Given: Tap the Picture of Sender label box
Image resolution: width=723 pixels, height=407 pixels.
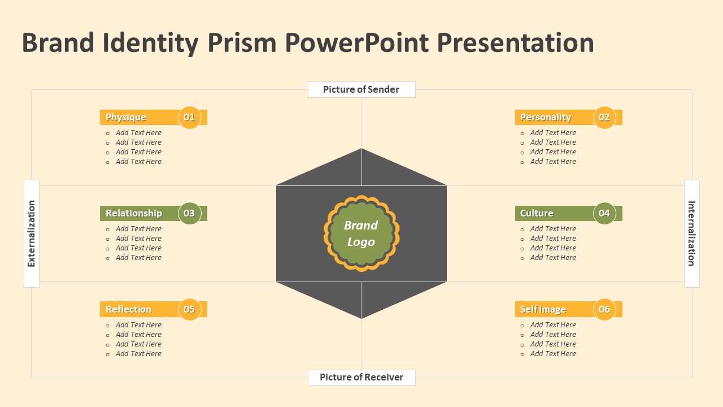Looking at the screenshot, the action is click(361, 89).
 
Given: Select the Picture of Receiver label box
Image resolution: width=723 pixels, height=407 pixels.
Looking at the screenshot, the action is click(361, 377).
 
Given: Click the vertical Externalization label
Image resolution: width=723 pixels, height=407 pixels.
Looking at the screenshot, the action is click(32, 233).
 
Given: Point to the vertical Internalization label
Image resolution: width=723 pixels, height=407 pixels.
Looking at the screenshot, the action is click(692, 233).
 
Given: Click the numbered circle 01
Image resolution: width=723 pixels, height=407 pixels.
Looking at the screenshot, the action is click(189, 117).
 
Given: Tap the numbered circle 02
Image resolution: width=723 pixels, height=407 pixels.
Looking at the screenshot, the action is click(604, 117).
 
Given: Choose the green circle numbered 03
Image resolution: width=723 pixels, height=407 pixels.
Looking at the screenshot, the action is click(189, 213).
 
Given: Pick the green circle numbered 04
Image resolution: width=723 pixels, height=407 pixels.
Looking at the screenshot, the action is click(604, 213).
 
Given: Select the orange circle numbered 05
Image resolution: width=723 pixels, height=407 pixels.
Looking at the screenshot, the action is click(189, 309).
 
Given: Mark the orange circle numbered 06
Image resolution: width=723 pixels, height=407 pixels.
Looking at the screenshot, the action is click(604, 309).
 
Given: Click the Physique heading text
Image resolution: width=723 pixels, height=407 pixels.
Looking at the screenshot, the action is click(126, 118).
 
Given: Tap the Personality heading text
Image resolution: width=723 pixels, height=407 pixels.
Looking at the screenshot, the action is click(546, 118).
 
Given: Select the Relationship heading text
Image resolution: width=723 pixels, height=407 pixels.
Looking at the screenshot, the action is click(134, 213).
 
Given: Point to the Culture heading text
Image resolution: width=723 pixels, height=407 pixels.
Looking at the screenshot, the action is click(537, 213).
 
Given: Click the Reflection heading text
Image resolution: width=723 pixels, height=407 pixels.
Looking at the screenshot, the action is click(128, 309).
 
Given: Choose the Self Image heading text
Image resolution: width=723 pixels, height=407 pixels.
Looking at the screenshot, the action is click(543, 310).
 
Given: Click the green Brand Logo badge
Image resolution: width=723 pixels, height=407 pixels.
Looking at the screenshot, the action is click(361, 233).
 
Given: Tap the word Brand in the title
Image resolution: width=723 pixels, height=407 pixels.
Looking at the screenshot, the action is click(58, 43).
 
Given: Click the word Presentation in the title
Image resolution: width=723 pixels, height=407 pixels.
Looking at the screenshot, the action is click(516, 43).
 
